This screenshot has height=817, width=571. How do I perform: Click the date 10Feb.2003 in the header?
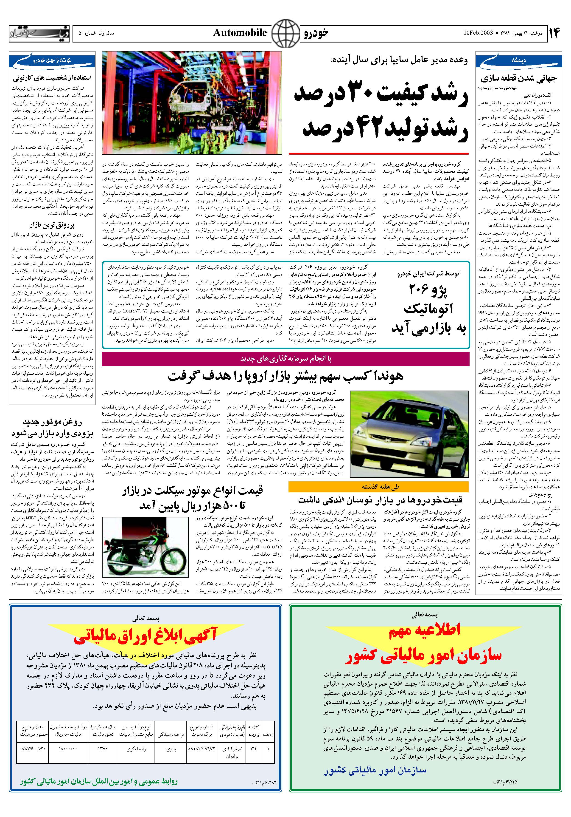click(x=478, y=33)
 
